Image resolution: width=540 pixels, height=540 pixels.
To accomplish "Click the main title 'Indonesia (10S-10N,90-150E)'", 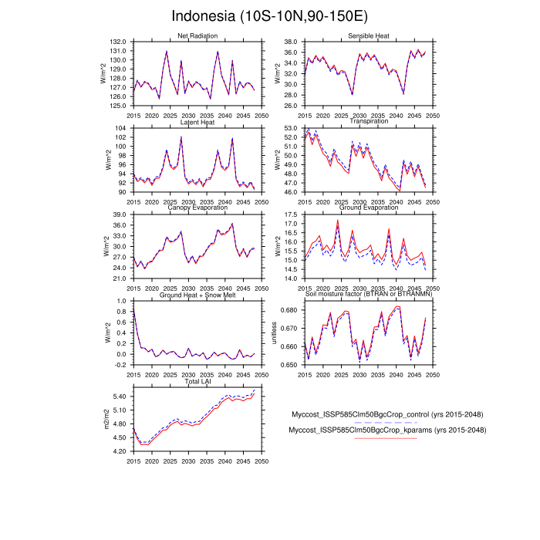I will [x=270, y=16].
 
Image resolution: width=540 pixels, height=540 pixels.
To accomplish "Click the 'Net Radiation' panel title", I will [x=197, y=36].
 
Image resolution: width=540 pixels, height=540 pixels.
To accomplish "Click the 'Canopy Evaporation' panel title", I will [x=197, y=208].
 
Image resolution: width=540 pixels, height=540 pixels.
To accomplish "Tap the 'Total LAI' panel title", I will [x=197, y=381].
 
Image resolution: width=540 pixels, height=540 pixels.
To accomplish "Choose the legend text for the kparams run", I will [x=386, y=430].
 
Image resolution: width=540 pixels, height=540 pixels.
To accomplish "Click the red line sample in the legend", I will [x=386, y=438].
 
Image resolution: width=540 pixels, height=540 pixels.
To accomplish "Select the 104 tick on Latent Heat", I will [x=120, y=128].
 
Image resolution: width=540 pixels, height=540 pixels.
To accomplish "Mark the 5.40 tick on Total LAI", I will [x=119, y=397].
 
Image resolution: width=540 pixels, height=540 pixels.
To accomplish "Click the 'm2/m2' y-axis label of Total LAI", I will [x=106, y=417].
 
